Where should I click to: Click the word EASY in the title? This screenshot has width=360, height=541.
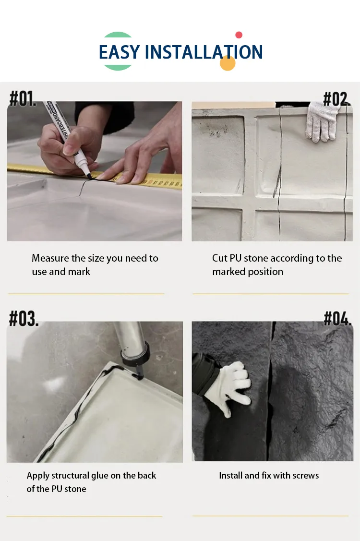click(120, 52)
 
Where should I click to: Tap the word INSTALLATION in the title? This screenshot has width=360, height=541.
click(204, 52)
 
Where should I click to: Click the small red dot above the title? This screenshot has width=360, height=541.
click(239, 35)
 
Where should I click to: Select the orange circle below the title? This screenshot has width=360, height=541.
click(228, 63)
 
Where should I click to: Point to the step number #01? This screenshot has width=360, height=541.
click(23, 98)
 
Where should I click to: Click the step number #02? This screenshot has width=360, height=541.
click(336, 99)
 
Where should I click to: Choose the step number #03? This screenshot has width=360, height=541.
click(24, 318)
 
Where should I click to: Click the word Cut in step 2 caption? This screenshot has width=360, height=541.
click(220, 258)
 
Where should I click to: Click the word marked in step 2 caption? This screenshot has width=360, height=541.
click(228, 272)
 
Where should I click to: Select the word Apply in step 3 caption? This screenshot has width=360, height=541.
click(38, 476)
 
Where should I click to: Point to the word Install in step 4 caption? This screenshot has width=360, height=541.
click(231, 476)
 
